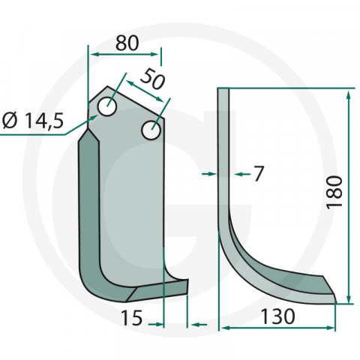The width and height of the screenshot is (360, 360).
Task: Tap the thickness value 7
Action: [x=259, y=174]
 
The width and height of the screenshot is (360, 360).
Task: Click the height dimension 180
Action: [x=335, y=191]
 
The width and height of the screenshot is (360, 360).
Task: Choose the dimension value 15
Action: [x=131, y=319]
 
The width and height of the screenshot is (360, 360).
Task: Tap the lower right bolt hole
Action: [x=150, y=130]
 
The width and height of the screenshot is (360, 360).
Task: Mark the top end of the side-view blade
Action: [x=223, y=90]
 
